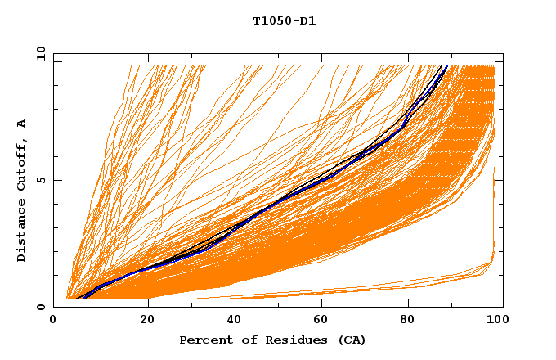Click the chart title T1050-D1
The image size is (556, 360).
(285, 21)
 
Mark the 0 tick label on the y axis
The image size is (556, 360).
(41, 307)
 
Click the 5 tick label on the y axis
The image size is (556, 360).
(41, 180)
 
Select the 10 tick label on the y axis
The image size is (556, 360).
(41, 53)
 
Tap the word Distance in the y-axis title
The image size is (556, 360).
(22, 231)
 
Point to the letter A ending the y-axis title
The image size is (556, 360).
(22, 124)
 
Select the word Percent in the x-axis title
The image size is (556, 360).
(204, 340)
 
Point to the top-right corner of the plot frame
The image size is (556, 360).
(503, 53)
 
